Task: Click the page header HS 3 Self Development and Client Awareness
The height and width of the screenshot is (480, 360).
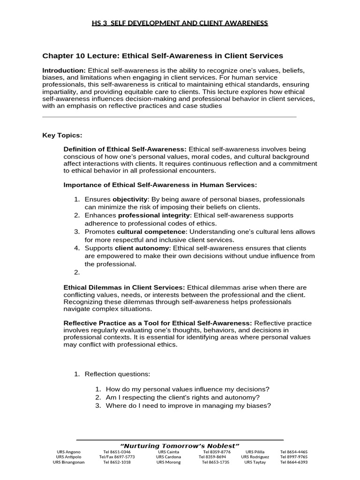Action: [180, 23]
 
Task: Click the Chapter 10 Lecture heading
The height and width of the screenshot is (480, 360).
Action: [163, 56]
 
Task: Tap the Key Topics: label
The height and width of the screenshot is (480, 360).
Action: [62, 135]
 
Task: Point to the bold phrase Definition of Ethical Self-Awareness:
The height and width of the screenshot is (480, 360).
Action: [125, 149]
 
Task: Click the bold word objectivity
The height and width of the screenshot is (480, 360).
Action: [130, 199]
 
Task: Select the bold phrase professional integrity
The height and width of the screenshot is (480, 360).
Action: [154, 215]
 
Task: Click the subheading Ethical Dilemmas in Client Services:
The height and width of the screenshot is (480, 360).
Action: [124, 287]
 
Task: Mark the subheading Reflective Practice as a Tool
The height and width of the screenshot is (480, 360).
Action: [157, 323]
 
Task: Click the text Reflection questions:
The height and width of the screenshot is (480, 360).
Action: [117, 374]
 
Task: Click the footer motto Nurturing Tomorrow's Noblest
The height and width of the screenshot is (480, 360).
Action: [180, 445]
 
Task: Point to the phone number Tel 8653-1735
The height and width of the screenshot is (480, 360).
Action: [216, 462]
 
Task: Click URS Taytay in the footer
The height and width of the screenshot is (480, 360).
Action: [255, 462]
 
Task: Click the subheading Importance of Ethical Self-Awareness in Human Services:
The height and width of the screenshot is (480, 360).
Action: [160, 185]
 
